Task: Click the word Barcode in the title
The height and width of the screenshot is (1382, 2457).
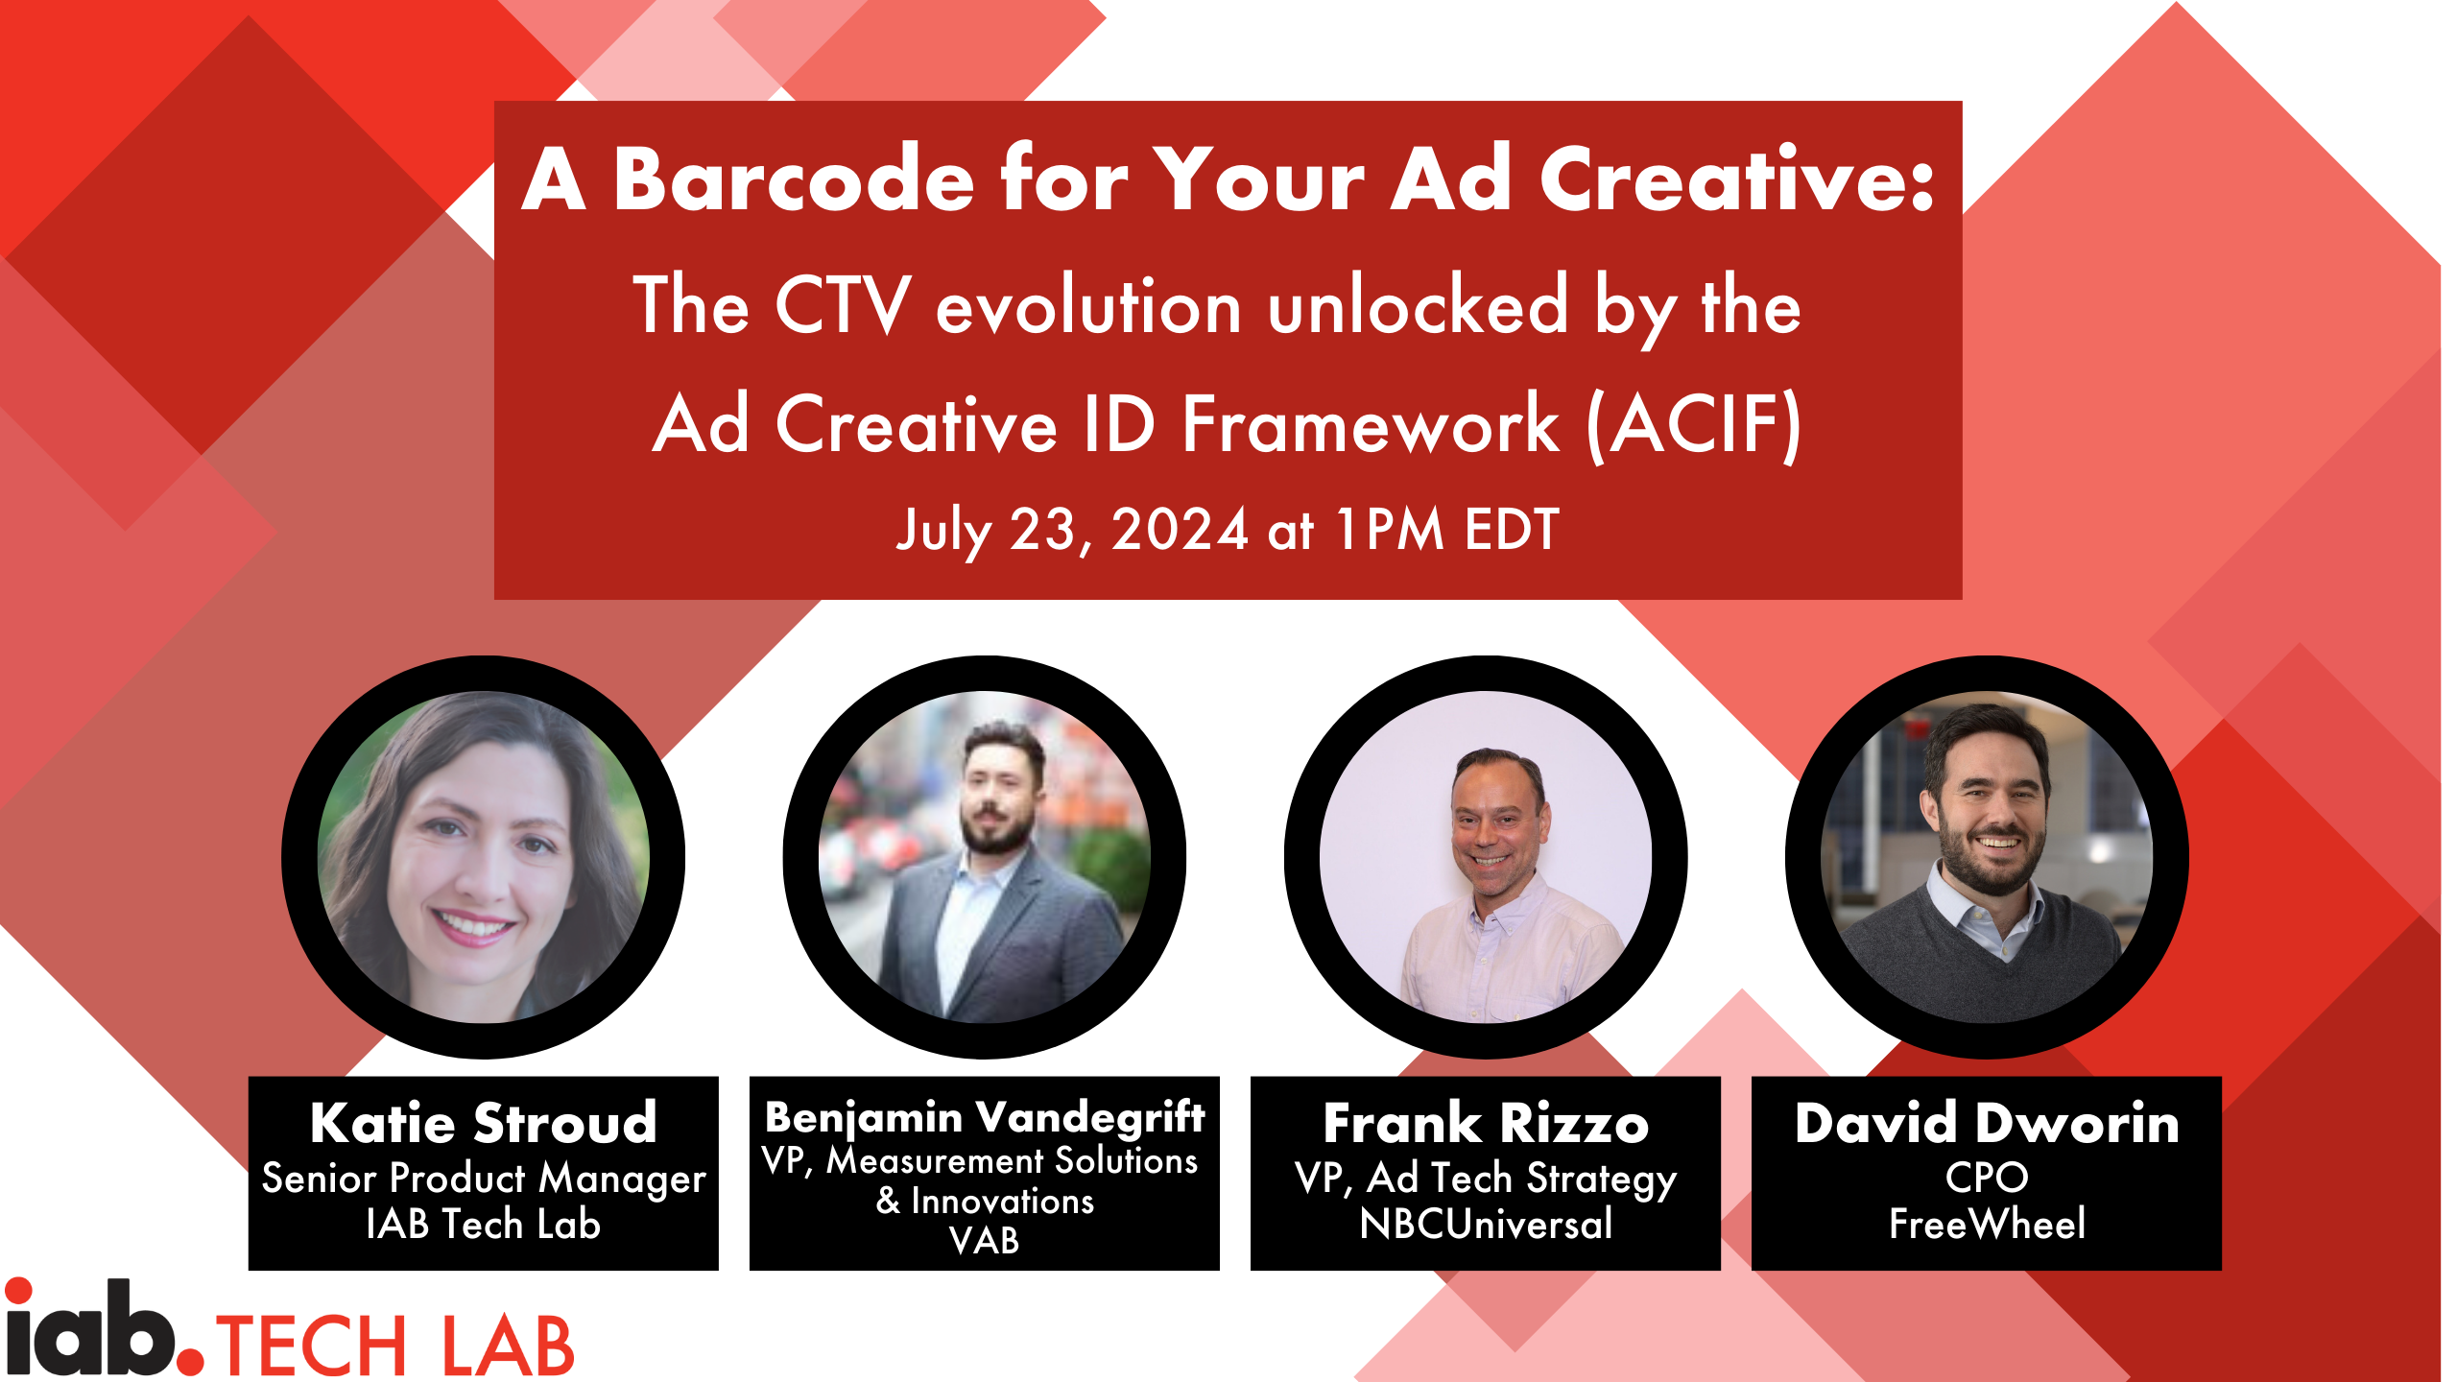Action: point(794,179)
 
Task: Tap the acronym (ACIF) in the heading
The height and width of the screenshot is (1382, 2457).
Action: point(1694,425)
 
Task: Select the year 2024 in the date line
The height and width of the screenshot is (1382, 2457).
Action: point(1180,529)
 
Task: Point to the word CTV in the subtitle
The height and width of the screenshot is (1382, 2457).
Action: point(842,305)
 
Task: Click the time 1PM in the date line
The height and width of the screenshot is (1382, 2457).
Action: point(1390,529)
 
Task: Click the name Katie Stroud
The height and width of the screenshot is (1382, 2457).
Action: point(484,1122)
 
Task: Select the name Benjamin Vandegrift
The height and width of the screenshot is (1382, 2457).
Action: point(985,1117)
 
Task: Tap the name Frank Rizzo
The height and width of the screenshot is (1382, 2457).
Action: point(1486,1122)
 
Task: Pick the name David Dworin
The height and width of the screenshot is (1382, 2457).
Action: point(1987,1122)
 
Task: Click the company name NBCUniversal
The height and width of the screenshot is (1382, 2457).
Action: point(1486,1224)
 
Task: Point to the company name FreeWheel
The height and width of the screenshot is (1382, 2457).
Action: point(1987,1224)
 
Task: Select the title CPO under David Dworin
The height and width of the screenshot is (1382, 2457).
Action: point(1987,1178)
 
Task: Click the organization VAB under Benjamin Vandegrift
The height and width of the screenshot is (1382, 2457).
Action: point(985,1241)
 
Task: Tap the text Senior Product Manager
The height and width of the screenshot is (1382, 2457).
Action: point(484,1179)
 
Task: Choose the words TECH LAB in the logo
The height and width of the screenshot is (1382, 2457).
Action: point(395,1346)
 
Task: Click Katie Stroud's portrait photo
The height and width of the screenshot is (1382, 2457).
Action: point(484,857)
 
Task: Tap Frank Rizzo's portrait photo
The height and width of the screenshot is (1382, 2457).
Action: point(1486,857)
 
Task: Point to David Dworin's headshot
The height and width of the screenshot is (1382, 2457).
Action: point(1987,857)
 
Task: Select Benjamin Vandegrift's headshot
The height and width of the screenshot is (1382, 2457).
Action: point(985,857)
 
